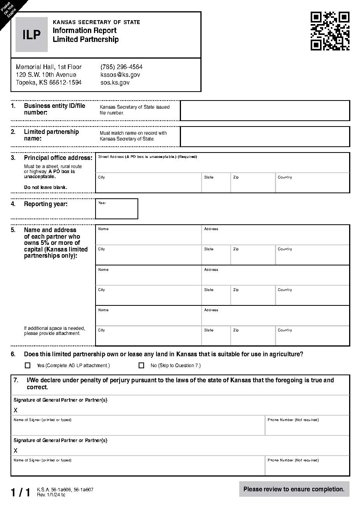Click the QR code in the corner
(x=330, y=31)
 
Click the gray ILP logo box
(x=31, y=35)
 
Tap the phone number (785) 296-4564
(x=121, y=67)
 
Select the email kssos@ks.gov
(x=120, y=75)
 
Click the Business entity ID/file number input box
(x=265, y=111)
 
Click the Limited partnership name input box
(x=265, y=137)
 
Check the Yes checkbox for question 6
(x=28, y=365)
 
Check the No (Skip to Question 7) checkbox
(x=141, y=365)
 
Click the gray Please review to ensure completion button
(x=294, y=489)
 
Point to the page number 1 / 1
(x=20, y=492)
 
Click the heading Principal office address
(x=58, y=158)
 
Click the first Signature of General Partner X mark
(x=16, y=410)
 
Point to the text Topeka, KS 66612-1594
(x=49, y=82)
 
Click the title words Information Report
(x=85, y=30)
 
